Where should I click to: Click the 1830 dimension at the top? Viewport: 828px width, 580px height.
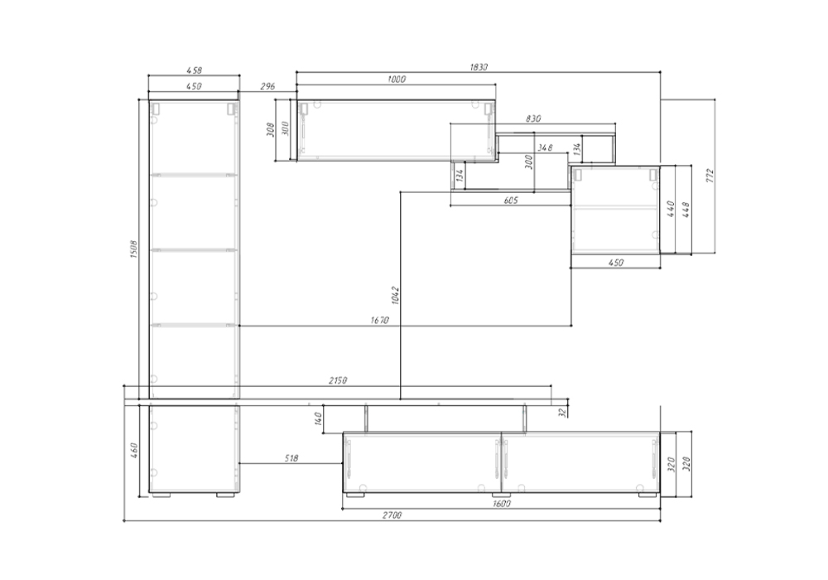479,67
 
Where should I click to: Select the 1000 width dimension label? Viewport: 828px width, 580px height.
397,80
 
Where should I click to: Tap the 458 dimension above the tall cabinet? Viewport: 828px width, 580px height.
195,70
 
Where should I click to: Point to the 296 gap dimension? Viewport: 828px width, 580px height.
267,86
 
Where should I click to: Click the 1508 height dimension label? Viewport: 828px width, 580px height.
133,249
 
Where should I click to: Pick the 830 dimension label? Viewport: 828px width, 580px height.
533,118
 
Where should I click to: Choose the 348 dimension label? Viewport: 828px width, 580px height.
545,147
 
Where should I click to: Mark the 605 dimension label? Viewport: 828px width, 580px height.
511,200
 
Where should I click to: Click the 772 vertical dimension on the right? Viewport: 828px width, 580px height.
710,176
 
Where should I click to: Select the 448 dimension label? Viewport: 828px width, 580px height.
686,209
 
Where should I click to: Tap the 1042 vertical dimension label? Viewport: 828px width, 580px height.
396,295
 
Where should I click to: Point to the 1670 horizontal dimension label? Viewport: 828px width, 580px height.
379,320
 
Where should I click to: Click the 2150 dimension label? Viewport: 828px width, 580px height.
338,379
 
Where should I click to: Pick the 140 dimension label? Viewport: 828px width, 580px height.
318,418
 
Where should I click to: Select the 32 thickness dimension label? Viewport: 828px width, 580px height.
562,412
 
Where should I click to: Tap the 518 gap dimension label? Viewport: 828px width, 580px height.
291,458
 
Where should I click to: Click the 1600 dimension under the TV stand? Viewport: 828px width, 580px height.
501,504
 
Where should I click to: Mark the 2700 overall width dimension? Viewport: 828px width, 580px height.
392,515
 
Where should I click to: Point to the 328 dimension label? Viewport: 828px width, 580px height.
686,464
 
